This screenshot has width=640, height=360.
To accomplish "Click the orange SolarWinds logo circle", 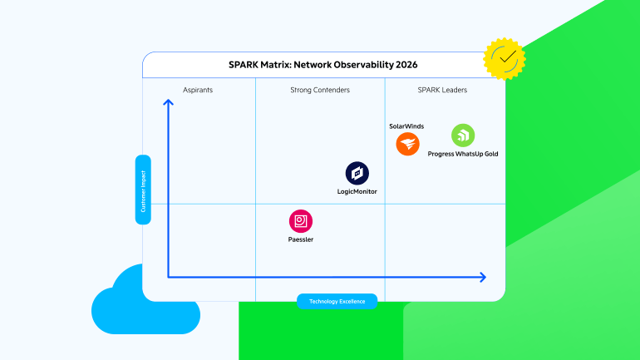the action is pos(407,144).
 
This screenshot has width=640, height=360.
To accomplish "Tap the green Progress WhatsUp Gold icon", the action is pos(463,135).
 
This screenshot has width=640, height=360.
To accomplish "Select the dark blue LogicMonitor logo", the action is pos(357,173).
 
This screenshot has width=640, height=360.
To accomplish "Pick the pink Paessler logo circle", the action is pos(301,221).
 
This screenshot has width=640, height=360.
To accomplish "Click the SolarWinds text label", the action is pos(406,126).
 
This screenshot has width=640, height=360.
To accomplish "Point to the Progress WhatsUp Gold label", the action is pos(463,154).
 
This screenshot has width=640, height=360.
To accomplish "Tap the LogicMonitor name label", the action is pos(357,191).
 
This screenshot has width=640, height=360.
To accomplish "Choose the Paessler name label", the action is pos(301,239).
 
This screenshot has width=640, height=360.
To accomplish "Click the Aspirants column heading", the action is pos(198,90).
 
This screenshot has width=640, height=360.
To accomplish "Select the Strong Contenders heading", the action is pos(320,90).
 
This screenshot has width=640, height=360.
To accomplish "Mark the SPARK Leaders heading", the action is pos(442,90).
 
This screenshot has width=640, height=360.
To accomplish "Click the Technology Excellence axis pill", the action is pos(337,301).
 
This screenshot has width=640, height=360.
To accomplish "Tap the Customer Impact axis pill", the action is pos(143,190).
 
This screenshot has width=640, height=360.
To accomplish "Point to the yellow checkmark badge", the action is pos(505,59).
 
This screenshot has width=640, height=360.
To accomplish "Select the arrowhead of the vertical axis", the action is pos(168,102).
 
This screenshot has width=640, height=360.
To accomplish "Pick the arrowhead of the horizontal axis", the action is pos(483,277).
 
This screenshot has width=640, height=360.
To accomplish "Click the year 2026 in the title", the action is pos(406,65).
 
